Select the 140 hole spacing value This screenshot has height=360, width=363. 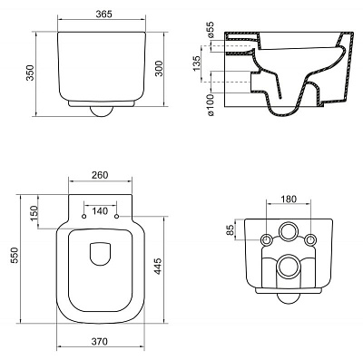(x=100, y=210)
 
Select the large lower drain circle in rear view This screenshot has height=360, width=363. (x=288, y=266)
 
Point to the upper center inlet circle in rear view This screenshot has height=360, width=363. (x=288, y=232)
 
